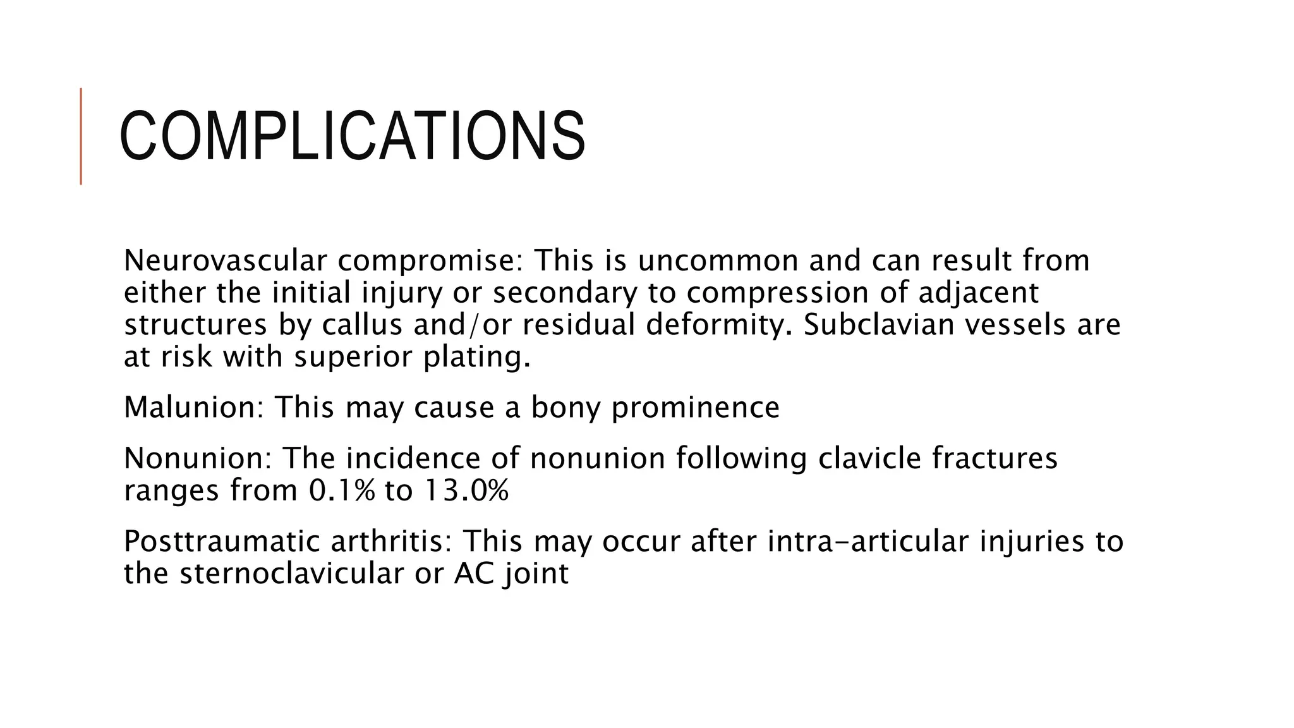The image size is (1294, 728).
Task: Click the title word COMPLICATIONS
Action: [352, 136]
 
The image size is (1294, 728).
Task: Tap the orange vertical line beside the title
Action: [81, 136]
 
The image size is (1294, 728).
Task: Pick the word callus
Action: [362, 325]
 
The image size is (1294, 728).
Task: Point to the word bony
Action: [565, 407]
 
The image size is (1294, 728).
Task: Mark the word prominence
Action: [695, 407]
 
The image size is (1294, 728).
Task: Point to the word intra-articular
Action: [868, 542]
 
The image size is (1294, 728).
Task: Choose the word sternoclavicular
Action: [291, 574]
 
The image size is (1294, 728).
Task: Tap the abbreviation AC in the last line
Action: [473, 574]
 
